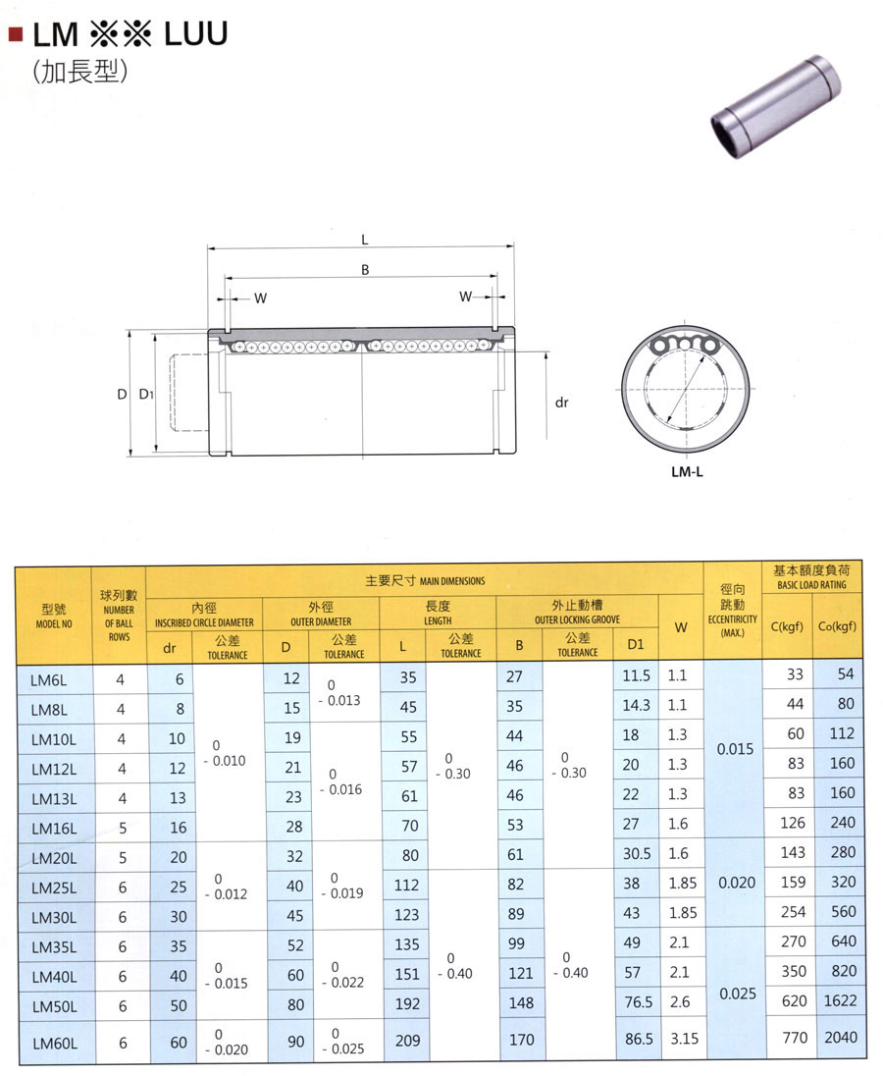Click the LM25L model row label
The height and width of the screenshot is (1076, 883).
54,888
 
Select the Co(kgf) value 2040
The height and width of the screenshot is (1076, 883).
841,1037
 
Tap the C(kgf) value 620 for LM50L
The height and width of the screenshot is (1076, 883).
794,1001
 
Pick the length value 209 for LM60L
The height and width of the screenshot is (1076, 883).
407,1041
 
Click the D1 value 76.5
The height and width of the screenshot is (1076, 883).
639,1002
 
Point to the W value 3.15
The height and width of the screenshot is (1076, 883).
684,1039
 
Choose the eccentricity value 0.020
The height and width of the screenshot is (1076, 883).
736,883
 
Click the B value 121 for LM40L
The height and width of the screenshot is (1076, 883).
520,973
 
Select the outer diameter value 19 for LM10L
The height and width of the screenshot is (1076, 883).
292,737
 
